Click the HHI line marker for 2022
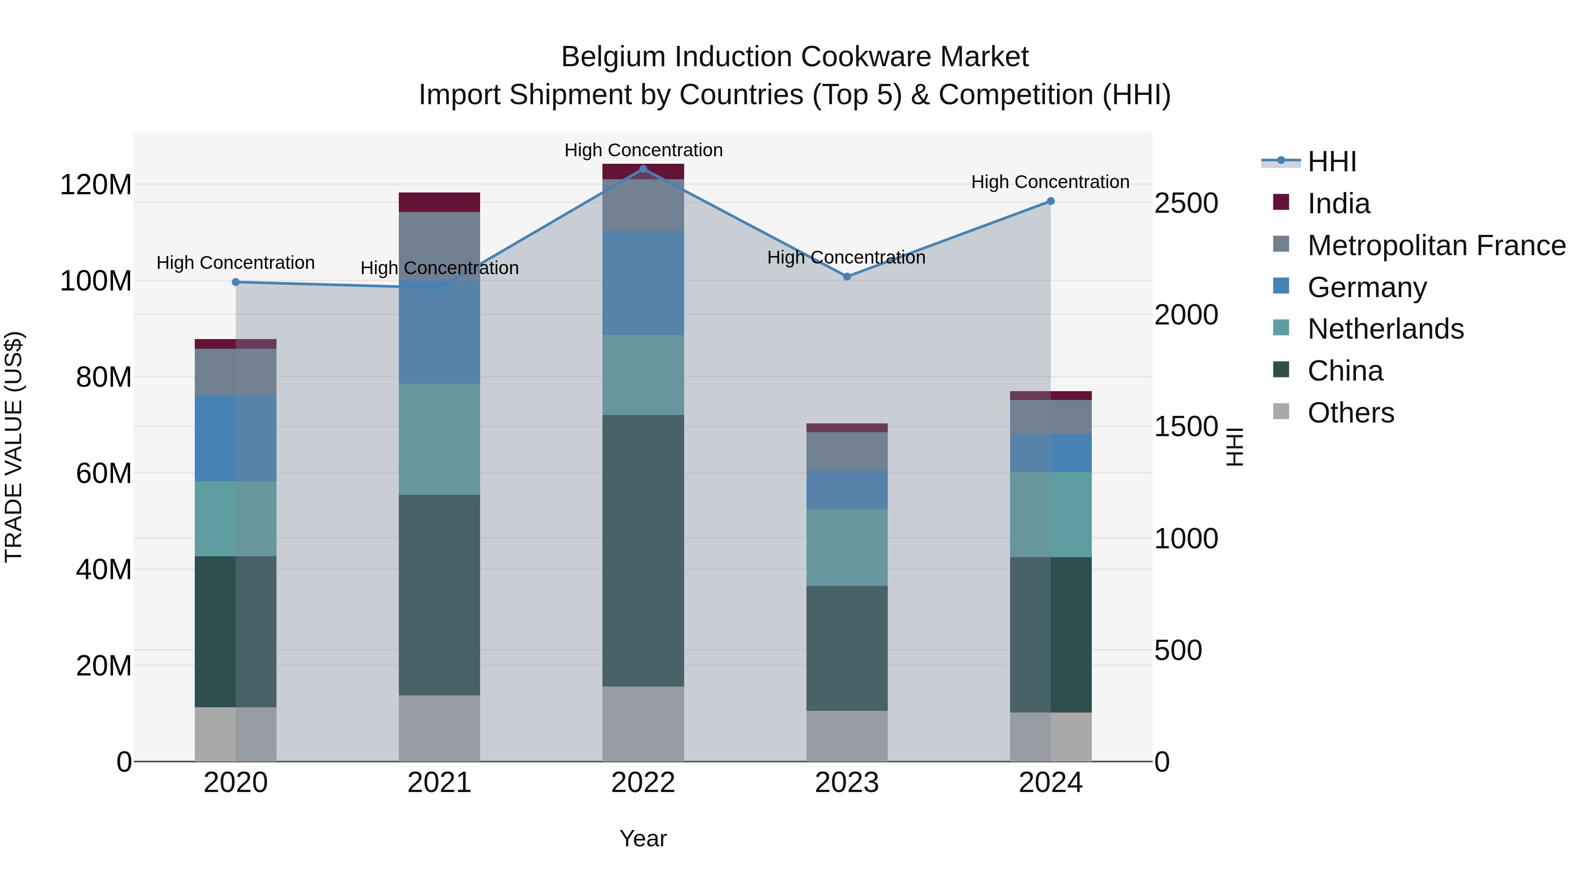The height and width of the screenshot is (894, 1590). click(643, 169)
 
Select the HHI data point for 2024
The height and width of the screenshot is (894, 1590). click(1051, 201)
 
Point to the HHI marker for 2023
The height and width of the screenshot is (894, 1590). click(847, 276)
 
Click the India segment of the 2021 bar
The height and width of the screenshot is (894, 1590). click(439, 202)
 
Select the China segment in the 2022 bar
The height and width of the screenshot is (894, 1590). click(643, 551)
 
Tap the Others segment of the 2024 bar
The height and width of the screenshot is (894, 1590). click(1051, 737)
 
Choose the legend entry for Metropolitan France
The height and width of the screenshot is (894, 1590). click(1436, 245)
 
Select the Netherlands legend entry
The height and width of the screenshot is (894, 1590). click(1385, 329)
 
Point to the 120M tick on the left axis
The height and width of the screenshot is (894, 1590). click(96, 185)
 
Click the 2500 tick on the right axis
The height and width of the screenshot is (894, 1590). click(1186, 204)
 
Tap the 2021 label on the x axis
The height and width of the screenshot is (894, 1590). click(439, 782)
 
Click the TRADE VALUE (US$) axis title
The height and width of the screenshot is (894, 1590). click(14, 447)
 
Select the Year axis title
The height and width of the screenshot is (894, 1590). click(643, 838)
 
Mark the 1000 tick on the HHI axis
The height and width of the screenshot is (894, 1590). click(1186, 539)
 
